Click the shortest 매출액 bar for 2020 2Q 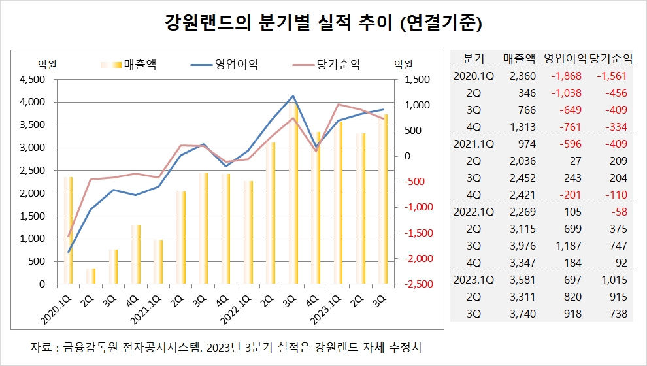[91, 276]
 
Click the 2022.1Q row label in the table [473, 212]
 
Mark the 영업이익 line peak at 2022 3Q [293, 95]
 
